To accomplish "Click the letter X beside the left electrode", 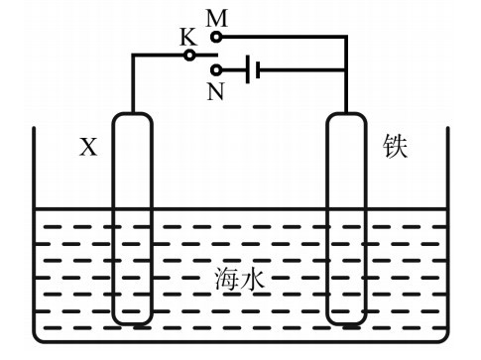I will (88, 148).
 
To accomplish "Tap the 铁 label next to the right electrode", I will (396, 147).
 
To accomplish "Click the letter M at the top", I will (217, 17).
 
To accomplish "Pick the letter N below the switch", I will (216, 91).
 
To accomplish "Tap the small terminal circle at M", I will (217, 37).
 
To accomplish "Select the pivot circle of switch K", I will (189, 56).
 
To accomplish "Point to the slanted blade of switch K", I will (203, 49).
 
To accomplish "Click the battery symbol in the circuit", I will (252, 70).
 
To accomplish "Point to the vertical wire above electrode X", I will (132, 84).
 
